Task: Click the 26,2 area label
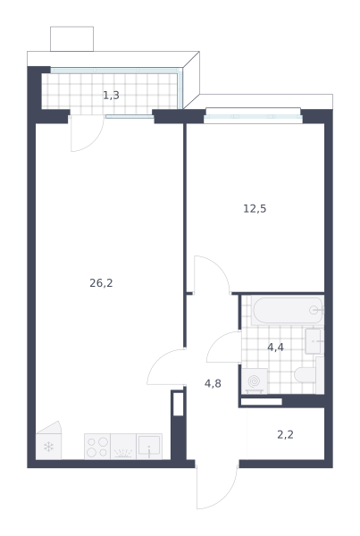coord(101,283)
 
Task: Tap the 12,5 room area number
coord(255,208)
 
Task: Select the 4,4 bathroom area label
coord(275,348)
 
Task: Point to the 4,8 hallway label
coord(213,383)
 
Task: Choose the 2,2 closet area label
coord(286,435)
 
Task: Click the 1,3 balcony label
coord(111,96)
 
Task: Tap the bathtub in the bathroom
coord(288,310)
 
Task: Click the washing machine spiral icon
coord(255,381)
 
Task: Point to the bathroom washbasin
coord(314,341)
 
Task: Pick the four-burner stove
coord(97,447)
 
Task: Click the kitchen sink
coord(149,447)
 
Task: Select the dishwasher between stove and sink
coord(123,447)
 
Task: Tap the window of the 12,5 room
coord(254,116)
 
